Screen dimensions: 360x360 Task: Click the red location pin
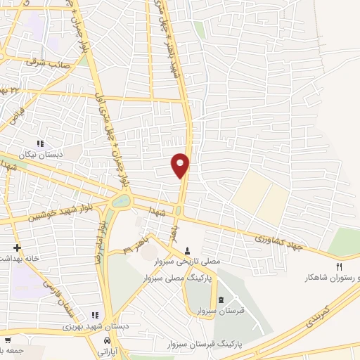(181, 164)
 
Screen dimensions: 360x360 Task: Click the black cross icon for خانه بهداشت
(16, 248)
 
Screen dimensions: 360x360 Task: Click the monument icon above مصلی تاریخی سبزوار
(188, 250)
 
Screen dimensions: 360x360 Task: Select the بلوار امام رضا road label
(101, 243)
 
